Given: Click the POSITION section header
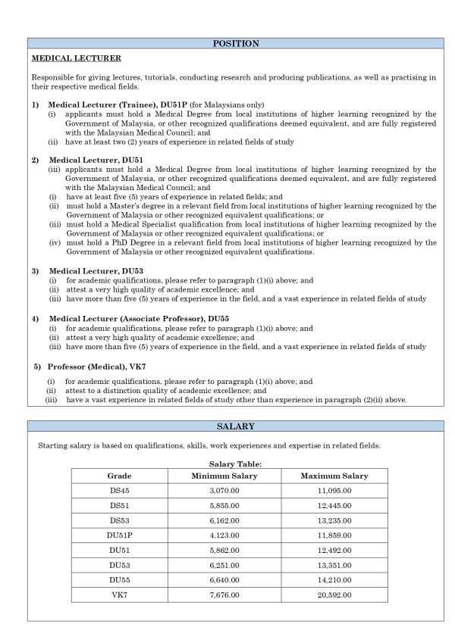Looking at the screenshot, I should point(235,44).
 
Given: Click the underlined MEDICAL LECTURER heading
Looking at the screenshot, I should point(77,58).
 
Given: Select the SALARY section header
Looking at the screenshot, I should point(235,427).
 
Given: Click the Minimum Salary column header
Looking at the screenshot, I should point(224,476).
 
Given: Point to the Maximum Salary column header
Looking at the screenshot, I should point(334,476).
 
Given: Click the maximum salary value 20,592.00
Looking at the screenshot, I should point(334,594).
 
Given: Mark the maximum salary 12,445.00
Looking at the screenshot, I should point(334,506).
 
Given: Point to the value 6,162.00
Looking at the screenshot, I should point(224,520).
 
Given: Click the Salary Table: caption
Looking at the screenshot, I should point(235,464).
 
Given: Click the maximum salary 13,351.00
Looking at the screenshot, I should point(334,564).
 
